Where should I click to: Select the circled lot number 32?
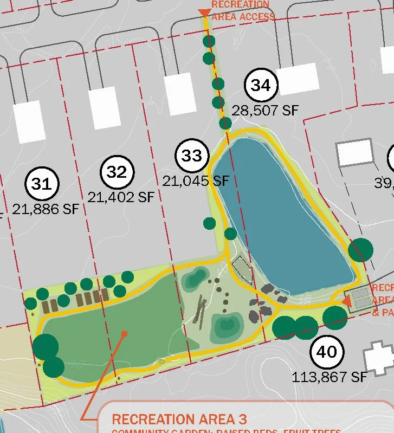[117, 172]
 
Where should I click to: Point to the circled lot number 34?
[261, 86]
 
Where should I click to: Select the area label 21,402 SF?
[121, 197]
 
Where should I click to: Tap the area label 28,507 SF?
[265, 111]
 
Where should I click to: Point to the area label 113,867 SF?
[330, 376]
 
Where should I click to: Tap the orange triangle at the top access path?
[204, 13]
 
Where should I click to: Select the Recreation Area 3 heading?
[179, 419]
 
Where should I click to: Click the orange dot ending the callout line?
[124, 334]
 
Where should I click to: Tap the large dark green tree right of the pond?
[360, 250]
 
